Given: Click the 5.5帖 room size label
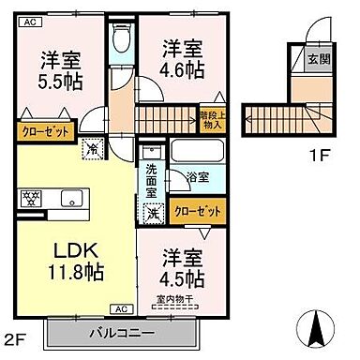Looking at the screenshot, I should tap(59, 81).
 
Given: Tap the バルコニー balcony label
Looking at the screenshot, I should tap(122, 332).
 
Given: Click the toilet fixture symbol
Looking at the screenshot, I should tap(120, 40).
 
